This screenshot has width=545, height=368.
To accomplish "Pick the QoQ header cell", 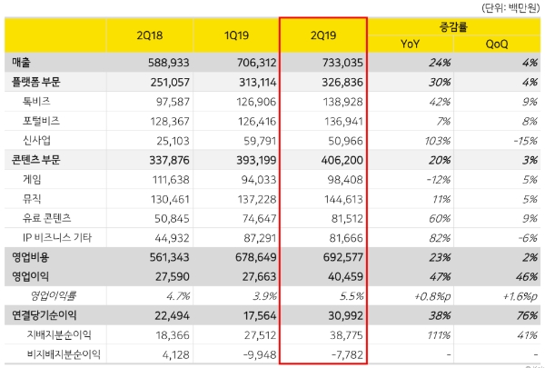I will click(496, 43).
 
